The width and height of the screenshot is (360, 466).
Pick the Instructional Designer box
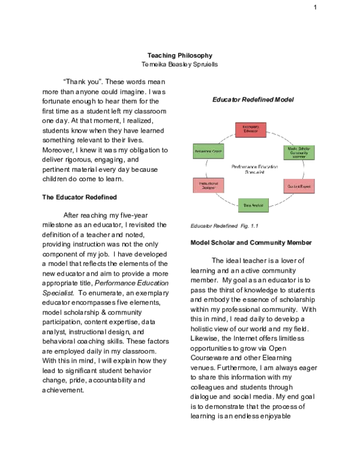pos(207,185)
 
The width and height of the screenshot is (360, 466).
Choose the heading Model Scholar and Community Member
pos(251,243)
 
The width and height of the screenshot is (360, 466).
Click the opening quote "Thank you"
pos(79,82)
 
